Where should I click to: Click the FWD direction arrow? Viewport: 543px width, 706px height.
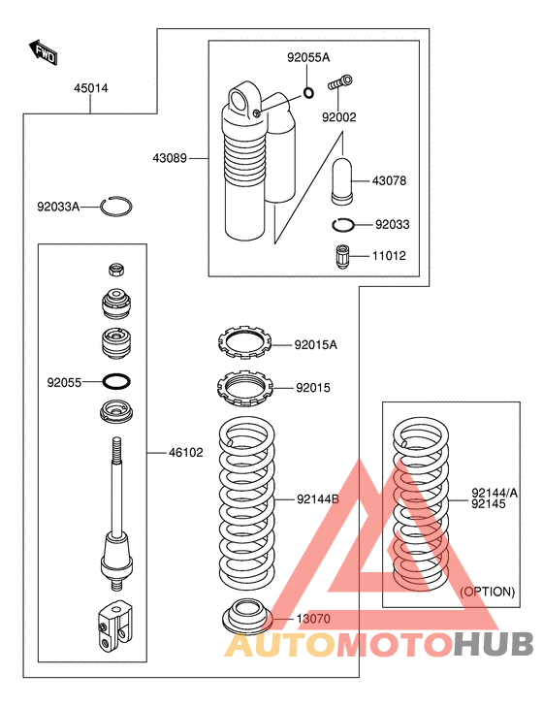(x=44, y=52)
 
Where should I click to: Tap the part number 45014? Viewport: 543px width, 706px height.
(x=91, y=88)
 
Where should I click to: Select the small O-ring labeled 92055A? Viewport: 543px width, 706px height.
(x=309, y=93)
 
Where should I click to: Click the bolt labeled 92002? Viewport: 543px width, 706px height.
(x=340, y=82)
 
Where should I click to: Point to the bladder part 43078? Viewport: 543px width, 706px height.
(x=342, y=180)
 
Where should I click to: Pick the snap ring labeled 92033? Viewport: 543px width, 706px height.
(x=343, y=225)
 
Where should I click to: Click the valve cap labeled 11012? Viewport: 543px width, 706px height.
(x=343, y=257)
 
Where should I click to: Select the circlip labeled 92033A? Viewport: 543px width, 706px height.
(x=116, y=207)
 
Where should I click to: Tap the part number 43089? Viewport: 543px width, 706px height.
(x=170, y=158)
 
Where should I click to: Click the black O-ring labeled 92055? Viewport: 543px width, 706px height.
(x=116, y=381)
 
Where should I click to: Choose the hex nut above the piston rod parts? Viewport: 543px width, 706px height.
(x=116, y=270)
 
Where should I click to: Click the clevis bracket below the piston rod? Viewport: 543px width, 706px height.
(x=114, y=625)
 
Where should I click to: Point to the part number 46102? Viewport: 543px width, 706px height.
(x=186, y=453)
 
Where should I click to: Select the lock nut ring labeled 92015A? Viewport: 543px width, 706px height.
(x=245, y=341)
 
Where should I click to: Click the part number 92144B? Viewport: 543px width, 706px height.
(x=318, y=499)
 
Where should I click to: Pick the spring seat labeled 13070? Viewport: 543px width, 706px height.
(x=247, y=616)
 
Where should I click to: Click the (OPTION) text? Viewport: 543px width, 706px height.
(x=487, y=592)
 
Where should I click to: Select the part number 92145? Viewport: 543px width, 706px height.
(x=489, y=504)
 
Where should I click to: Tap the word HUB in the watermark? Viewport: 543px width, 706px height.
(x=494, y=644)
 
